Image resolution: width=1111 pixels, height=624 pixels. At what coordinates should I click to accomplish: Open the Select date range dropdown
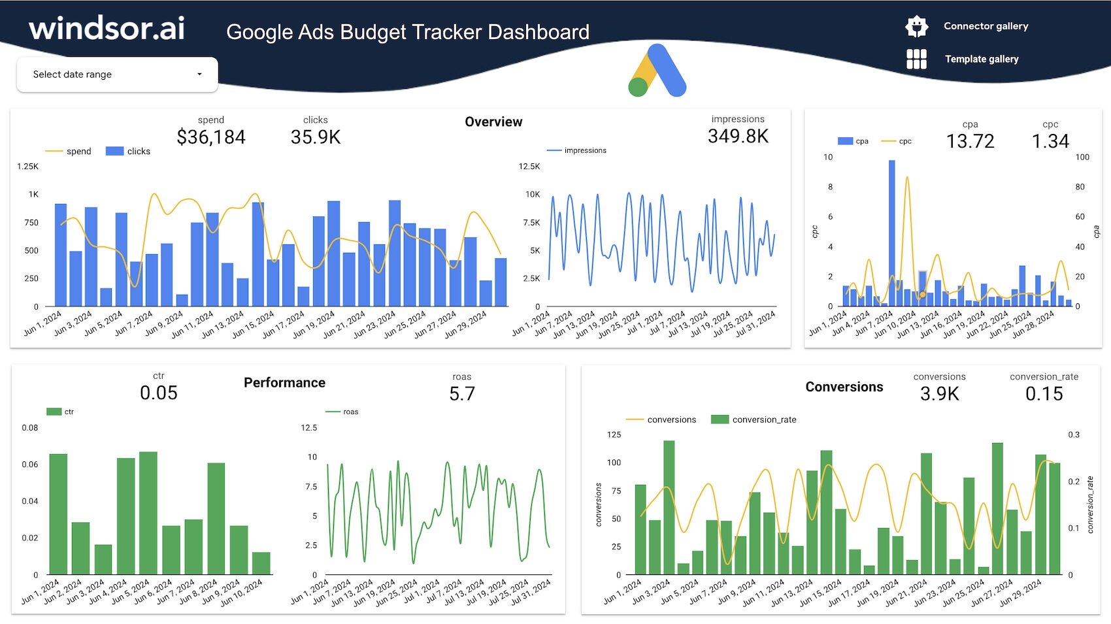click(117, 74)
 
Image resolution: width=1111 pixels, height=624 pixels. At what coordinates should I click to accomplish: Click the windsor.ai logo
click(107, 29)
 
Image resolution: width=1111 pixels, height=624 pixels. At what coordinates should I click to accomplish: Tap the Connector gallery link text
click(986, 26)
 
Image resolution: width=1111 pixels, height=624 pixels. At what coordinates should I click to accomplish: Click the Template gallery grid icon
click(916, 59)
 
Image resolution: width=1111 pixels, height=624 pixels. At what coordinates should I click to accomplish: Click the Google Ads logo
click(657, 71)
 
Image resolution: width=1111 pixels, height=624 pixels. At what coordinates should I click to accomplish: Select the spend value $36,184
click(211, 137)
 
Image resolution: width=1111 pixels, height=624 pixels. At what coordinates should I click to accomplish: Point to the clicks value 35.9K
click(316, 137)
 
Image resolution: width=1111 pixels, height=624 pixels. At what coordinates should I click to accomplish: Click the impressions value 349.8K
click(738, 137)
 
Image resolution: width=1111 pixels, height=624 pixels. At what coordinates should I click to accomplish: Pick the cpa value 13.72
click(970, 141)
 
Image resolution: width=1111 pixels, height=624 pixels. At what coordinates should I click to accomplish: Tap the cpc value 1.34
click(1050, 141)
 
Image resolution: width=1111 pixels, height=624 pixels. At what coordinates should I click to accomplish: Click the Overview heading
click(493, 122)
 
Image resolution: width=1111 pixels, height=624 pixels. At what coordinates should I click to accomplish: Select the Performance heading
click(284, 383)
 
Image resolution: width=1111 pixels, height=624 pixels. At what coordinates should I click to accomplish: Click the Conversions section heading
click(844, 387)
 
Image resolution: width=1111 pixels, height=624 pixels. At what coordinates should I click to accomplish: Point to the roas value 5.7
click(462, 394)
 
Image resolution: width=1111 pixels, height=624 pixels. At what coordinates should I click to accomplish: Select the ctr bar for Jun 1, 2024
click(58, 514)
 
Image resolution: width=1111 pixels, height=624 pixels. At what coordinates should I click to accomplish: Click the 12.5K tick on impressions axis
click(529, 167)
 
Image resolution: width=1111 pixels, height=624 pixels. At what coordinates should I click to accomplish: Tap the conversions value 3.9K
click(939, 394)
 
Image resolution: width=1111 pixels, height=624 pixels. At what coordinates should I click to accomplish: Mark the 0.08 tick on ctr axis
click(30, 428)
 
